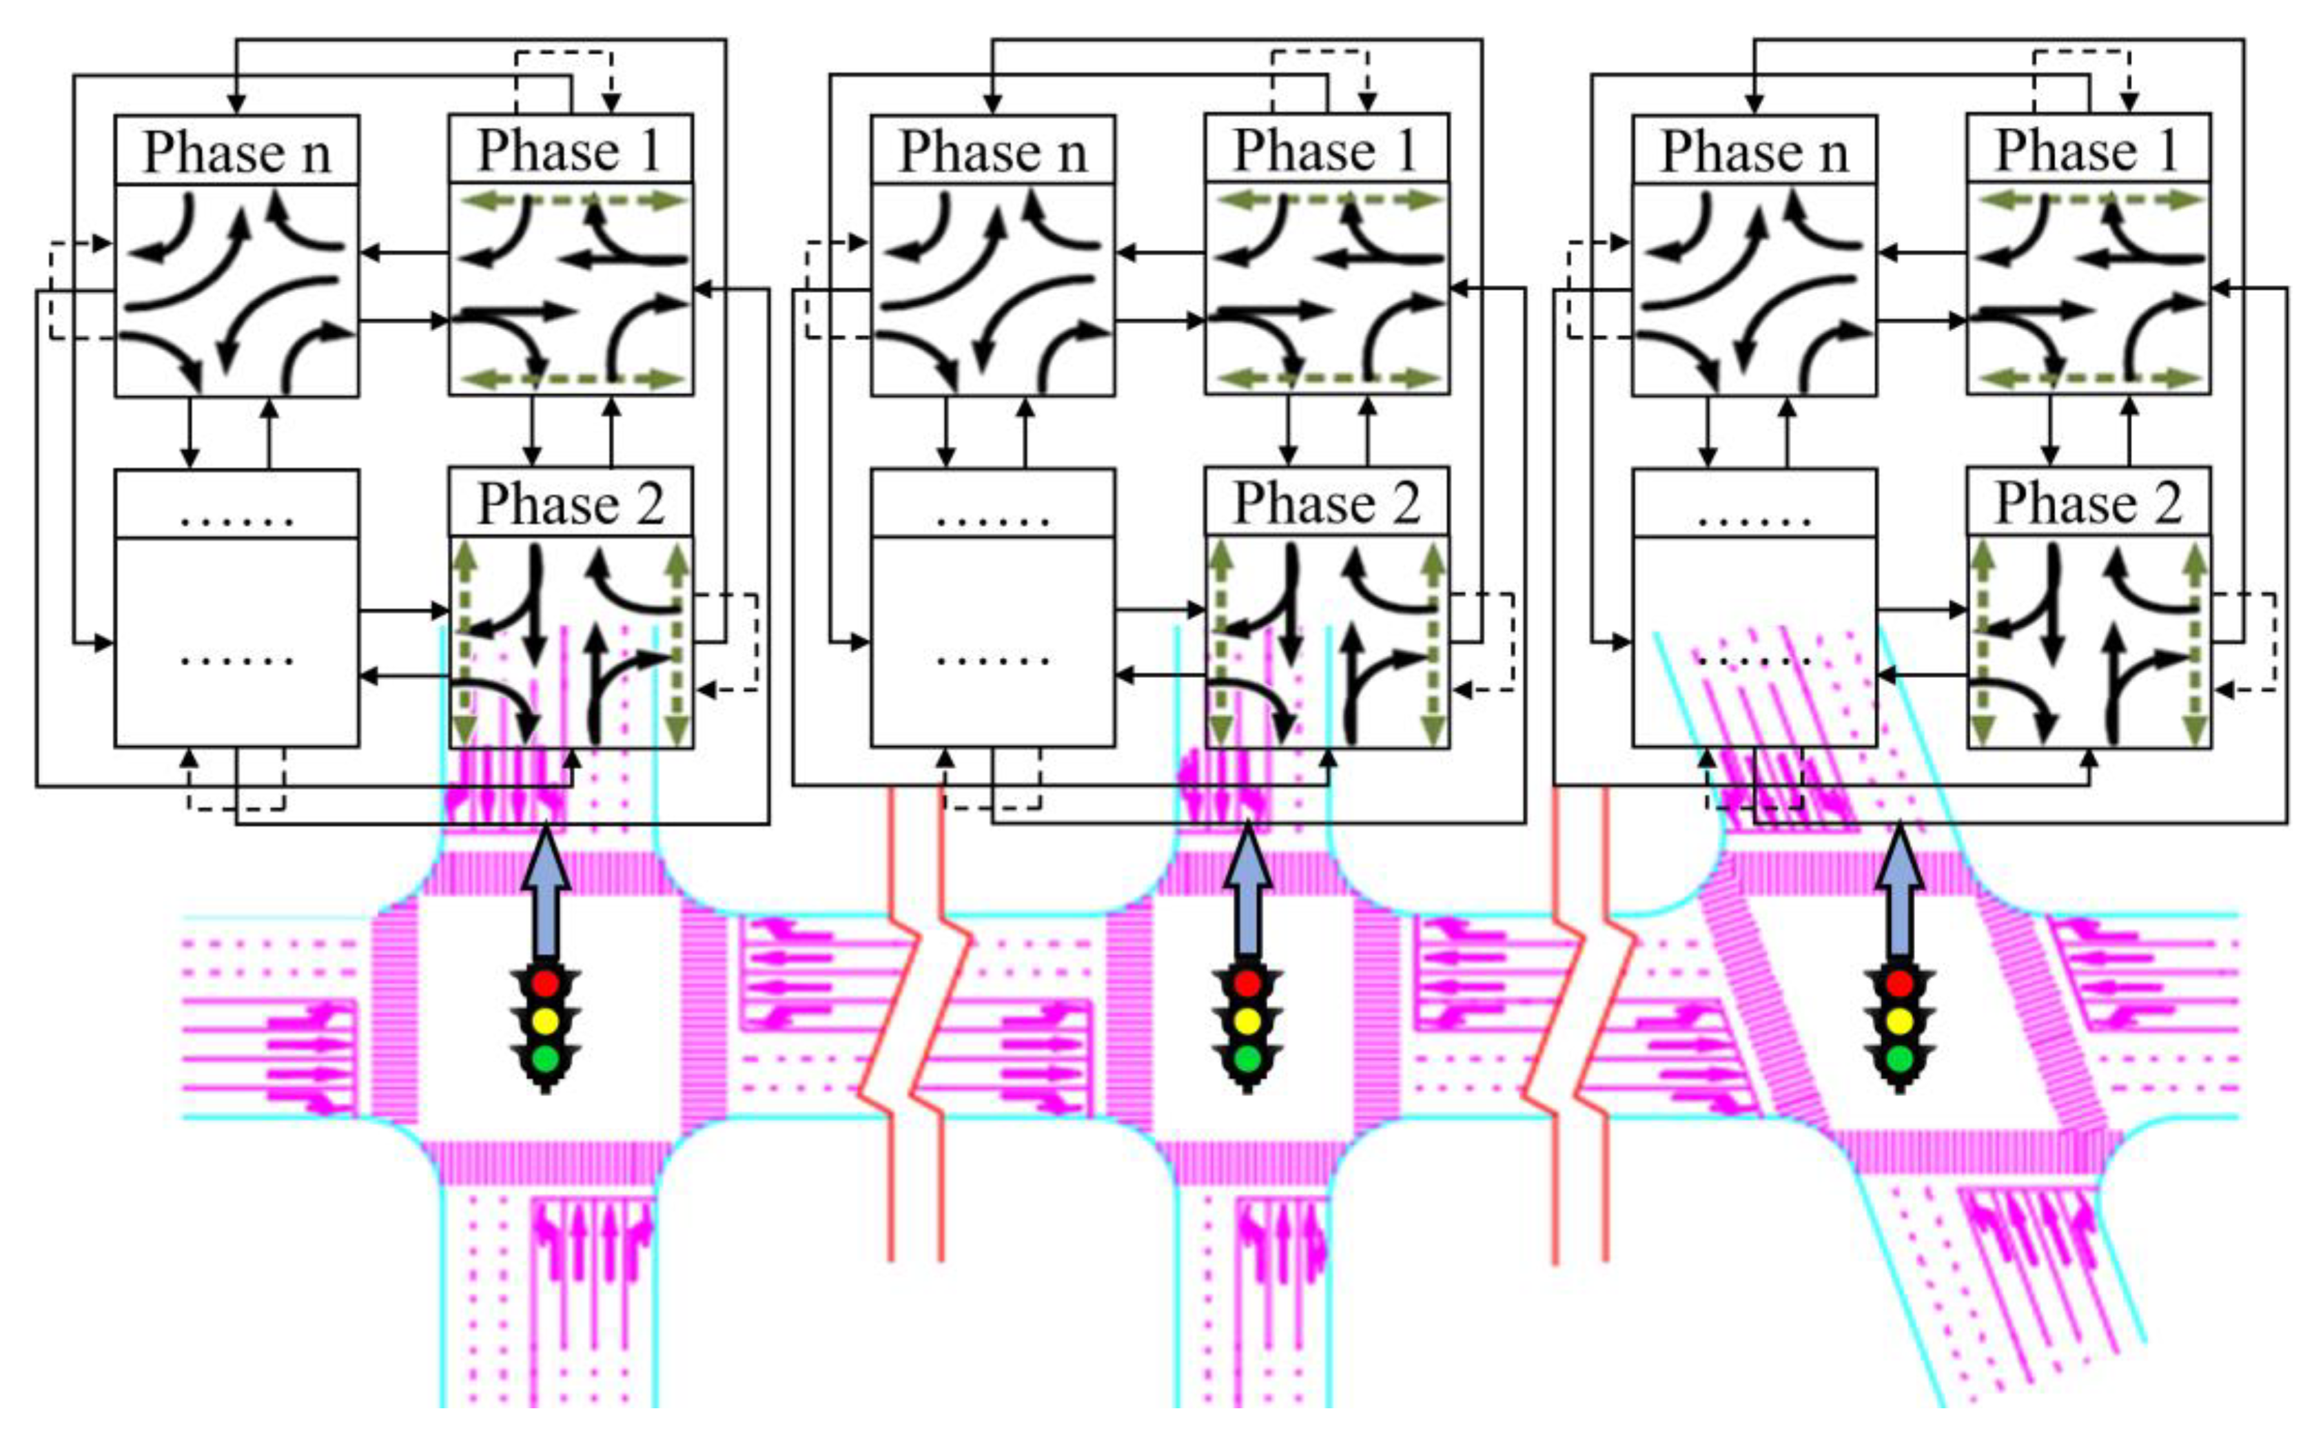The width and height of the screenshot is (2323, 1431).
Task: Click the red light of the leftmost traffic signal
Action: coord(545,983)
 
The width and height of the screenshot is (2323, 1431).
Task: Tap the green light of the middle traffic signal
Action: coord(1248,1058)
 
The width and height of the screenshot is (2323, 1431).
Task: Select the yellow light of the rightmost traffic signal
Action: coord(1899,1021)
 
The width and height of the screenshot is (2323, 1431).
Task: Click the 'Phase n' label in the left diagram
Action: coord(236,152)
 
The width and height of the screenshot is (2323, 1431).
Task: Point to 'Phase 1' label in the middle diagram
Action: coord(1325,150)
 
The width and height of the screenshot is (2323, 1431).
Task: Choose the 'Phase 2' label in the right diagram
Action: coord(2088,502)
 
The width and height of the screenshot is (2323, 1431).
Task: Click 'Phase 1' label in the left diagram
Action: coord(569,150)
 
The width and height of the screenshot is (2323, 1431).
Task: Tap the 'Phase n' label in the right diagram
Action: coord(1754,152)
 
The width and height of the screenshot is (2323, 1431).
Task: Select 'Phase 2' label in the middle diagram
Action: coord(1325,502)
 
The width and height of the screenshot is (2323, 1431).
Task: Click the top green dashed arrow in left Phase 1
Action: coord(571,200)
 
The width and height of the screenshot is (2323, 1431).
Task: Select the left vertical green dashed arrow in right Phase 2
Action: coord(1982,644)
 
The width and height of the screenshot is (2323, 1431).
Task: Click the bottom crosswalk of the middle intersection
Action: coord(1248,1162)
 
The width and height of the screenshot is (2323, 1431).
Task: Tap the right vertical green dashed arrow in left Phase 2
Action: coord(676,644)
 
